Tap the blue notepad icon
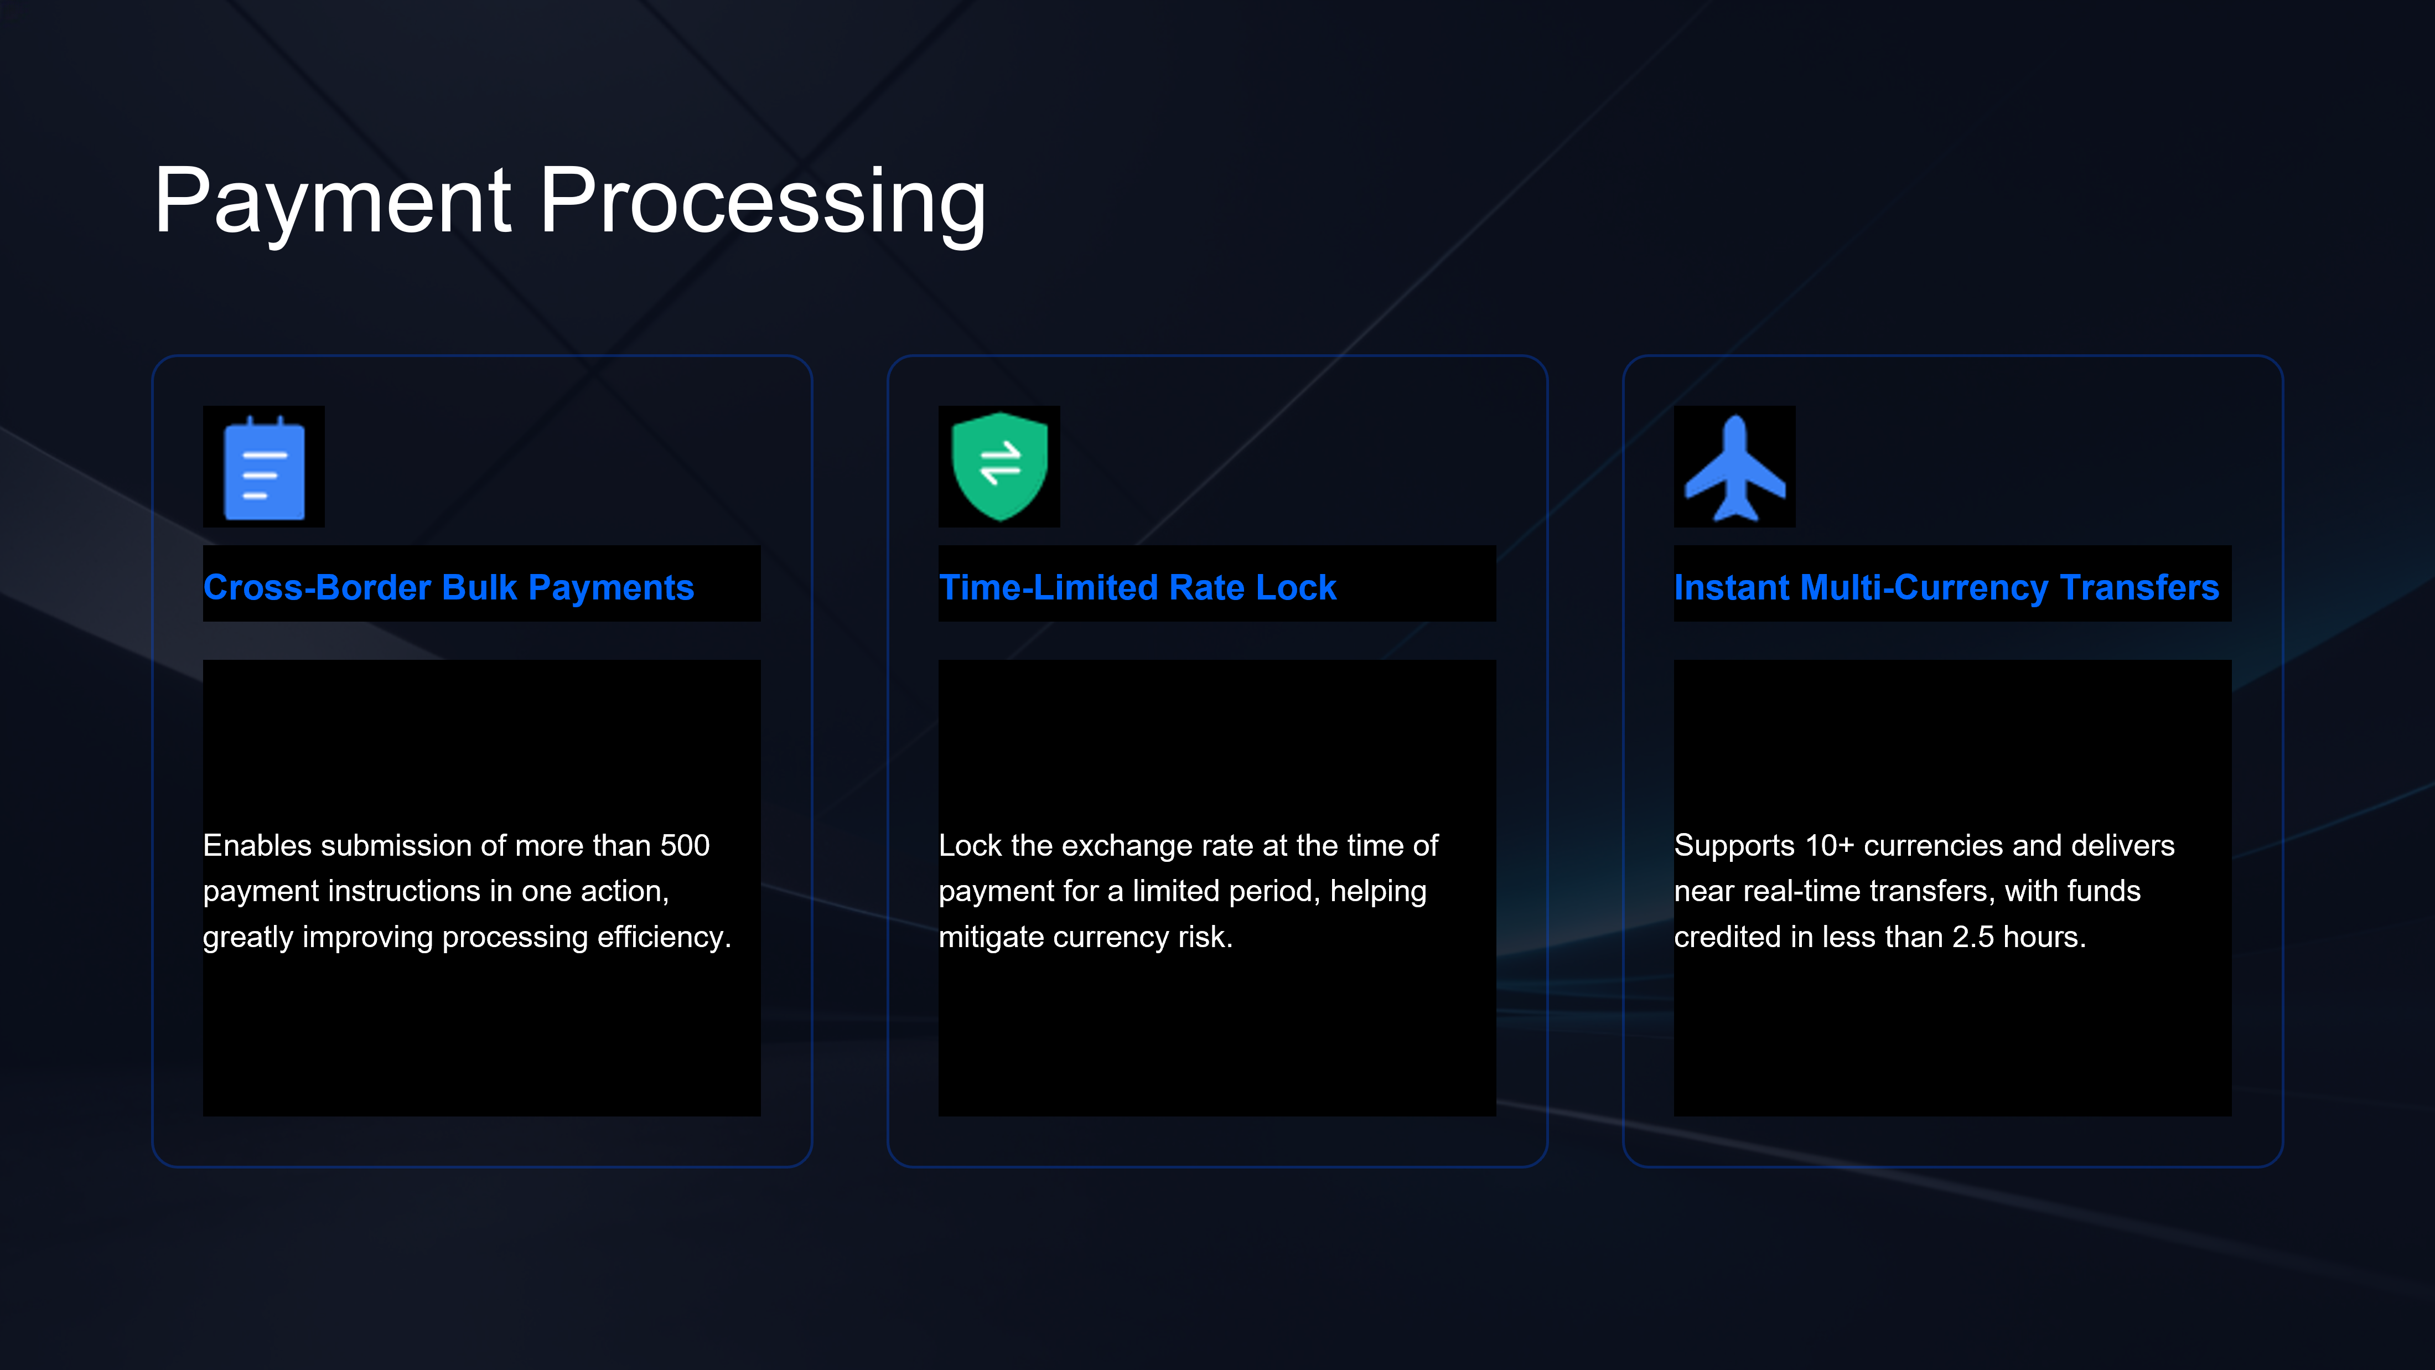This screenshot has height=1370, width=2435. (264, 467)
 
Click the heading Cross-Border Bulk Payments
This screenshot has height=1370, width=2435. (449, 587)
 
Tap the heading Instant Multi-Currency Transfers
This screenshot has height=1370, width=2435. (1946, 587)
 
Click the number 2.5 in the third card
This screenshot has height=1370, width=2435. (1973, 937)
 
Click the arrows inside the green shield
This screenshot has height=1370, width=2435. (1000, 462)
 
